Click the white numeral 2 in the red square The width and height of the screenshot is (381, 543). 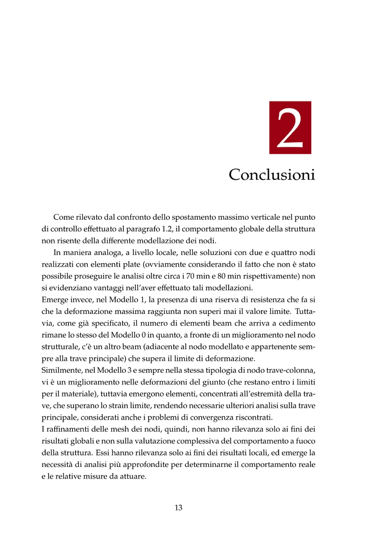tap(290, 127)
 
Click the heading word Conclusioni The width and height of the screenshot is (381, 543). tap(272, 174)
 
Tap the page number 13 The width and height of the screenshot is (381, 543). tap(179, 507)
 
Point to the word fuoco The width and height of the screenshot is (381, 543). tap(305, 441)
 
